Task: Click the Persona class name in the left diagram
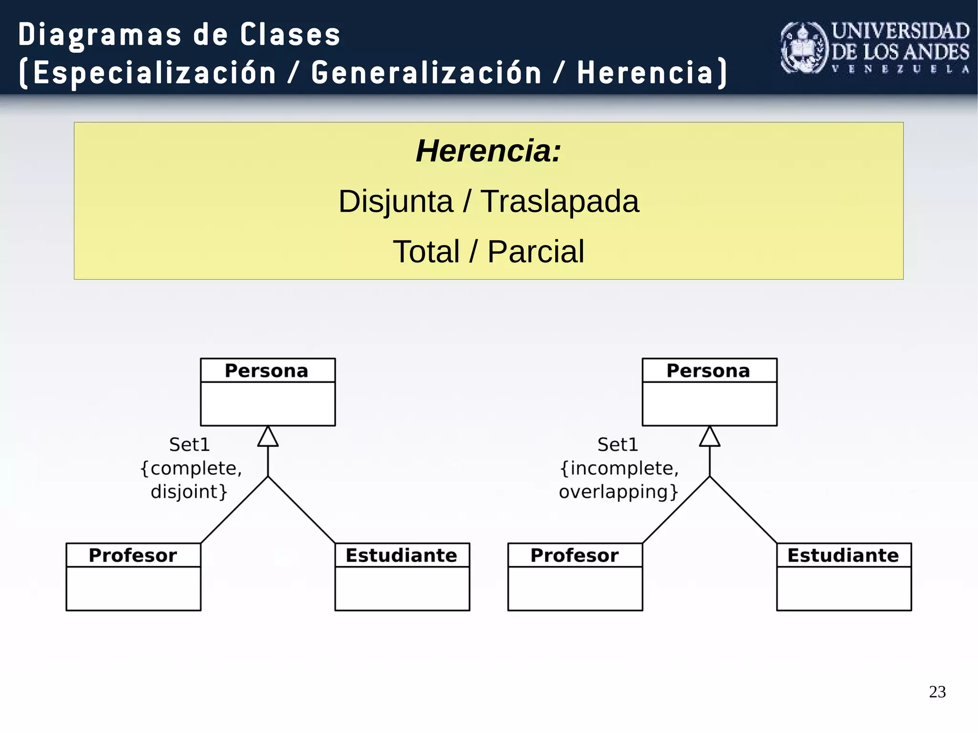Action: tap(266, 371)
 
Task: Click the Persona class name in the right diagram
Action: tap(708, 371)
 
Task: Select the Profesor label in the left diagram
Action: tap(133, 555)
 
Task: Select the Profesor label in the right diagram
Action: tap(574, 555)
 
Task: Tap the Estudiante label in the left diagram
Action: tap(401, 555)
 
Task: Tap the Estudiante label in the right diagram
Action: tap(843, 555)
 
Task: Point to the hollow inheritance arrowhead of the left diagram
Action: tap(268, 437)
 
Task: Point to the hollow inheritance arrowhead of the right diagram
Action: tap(710, 437)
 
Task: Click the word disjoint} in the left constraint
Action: tap(189, 491)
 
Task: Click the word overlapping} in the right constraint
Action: tap(618, 491)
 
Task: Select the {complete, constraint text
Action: tap(191, 468)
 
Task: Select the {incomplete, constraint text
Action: tap(619, 468)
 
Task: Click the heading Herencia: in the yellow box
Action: tap(488, 151)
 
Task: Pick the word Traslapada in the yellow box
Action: tap(559, 201)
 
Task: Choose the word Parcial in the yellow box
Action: tap(535, 252)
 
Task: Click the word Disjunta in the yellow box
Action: tap(396, 201)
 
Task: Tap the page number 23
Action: tap(937, 692)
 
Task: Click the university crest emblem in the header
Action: tap(804, 48)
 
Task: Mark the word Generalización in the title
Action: tap(426, 73)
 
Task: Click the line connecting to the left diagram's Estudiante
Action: tap(302, 510)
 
